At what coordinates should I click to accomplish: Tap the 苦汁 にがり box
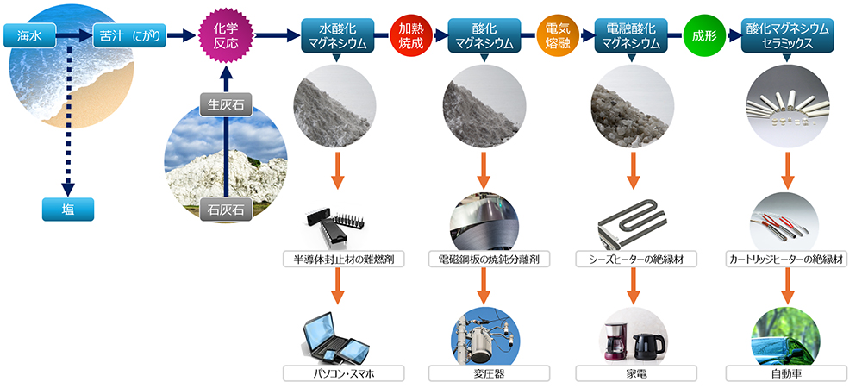tap(128, 36)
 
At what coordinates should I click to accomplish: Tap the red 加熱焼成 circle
tap(409, 35)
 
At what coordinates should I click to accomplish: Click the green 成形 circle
tap(703, 35)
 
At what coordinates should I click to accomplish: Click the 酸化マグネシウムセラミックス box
tap(786, 35)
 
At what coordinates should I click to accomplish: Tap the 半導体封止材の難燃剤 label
tap(338, 259)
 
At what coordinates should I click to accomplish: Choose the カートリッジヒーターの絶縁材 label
tap(786, 259)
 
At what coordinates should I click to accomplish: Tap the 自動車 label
tap(786, 373)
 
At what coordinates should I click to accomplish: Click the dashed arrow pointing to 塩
tap(66, 129)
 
